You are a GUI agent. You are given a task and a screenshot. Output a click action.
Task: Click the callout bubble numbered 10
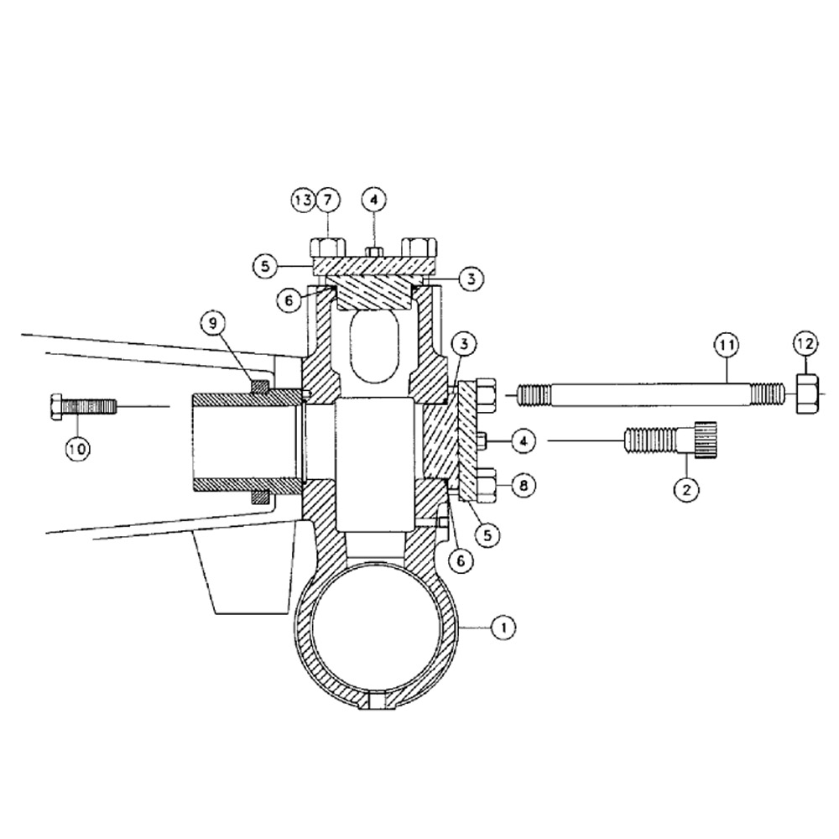click(x=78, y=450)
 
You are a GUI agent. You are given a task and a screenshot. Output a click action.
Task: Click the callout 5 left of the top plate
click(x=265, y=266)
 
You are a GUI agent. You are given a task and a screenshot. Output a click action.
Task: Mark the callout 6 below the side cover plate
click(x=460, y=560)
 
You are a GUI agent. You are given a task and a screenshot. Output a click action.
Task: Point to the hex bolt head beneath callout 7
click(x=328, y=248)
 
